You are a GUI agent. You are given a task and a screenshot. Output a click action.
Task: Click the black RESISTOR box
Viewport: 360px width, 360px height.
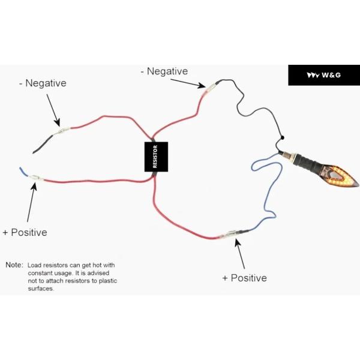[x=156, y=157]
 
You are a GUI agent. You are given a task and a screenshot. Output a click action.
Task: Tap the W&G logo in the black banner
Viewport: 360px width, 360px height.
[x=324, y=75]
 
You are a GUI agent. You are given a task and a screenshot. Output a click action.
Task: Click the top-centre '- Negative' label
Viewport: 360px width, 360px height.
[x=164, y=71]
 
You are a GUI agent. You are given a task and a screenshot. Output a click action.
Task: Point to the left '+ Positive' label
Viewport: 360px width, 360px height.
[x=25, y=232]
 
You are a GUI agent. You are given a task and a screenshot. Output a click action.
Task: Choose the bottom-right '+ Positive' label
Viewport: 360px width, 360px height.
[x=244, y=278]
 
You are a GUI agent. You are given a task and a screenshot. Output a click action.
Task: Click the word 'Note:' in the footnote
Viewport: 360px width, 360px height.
[x=14, y=265]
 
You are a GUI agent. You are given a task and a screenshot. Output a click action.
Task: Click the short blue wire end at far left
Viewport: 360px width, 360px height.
[x=25, y=172]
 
